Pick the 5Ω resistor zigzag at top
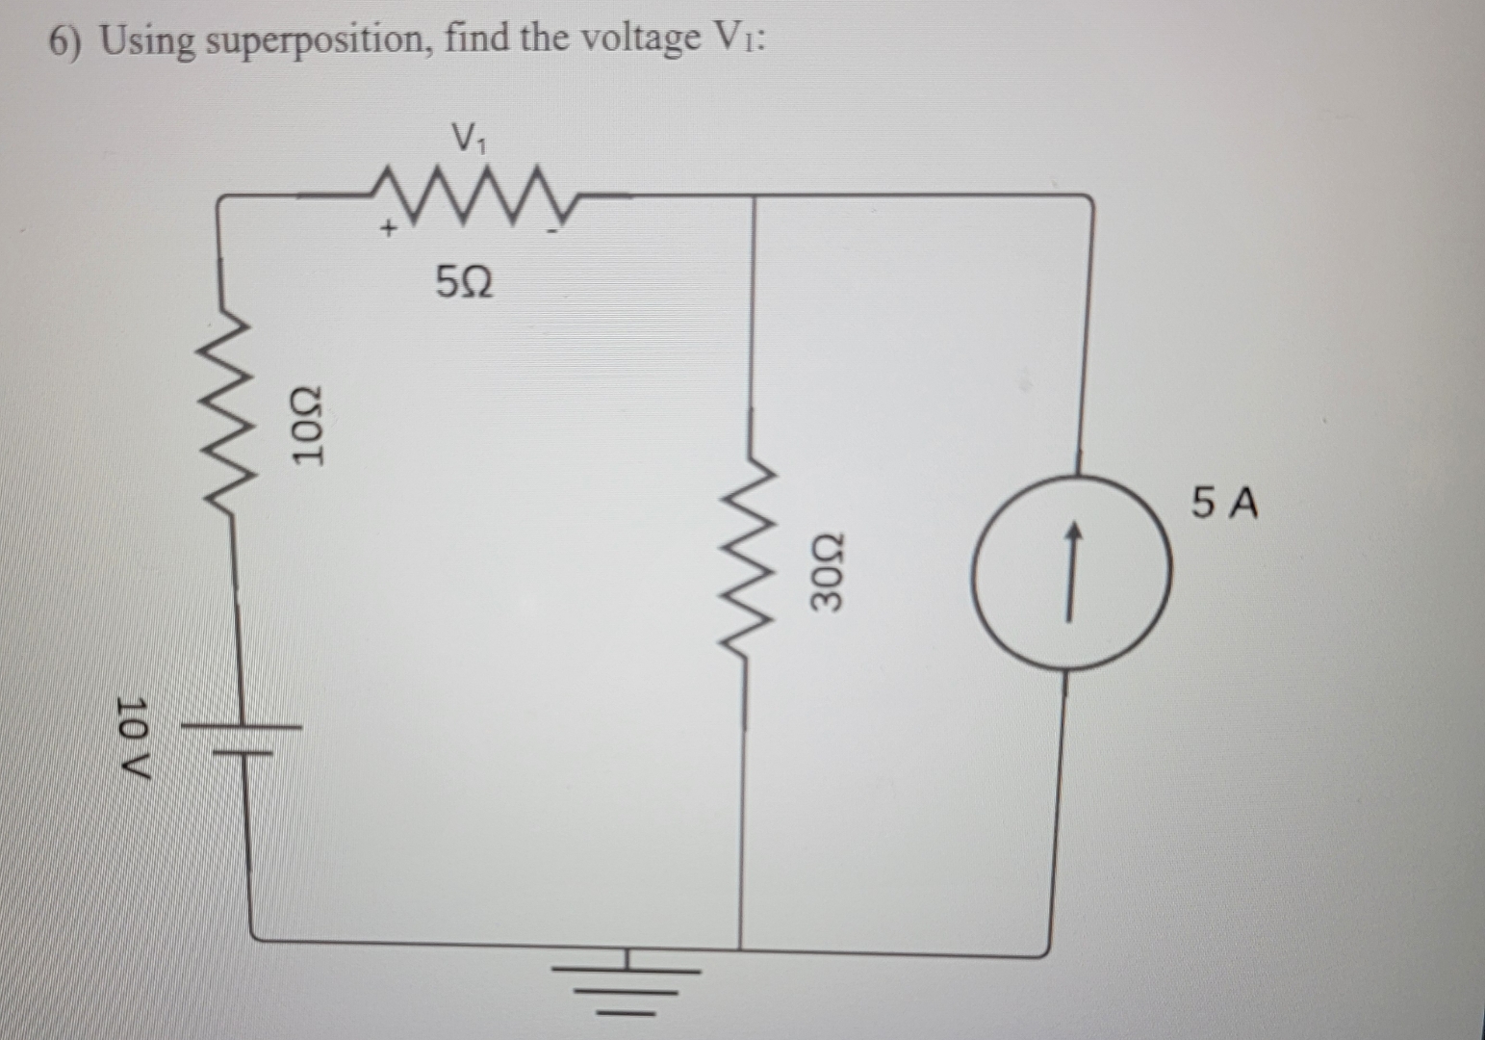[465, 196]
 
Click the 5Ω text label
[465, 283]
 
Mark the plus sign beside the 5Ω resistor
[388, 229]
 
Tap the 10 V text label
[134, 740]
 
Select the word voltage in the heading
[641, 40]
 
